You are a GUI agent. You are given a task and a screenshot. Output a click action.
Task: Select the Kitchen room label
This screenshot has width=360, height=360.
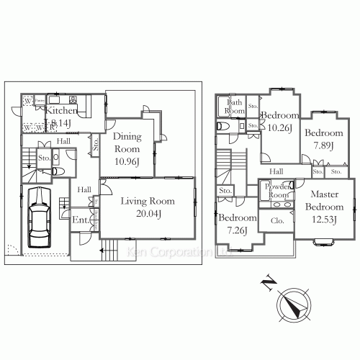coord(61,112)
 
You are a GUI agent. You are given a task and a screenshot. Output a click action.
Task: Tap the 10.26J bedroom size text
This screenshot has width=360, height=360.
coord(279,127)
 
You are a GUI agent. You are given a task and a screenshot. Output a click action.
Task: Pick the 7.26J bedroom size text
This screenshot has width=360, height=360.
coord(238,230)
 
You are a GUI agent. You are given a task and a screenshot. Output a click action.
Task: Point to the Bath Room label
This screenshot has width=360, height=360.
coord(235,107)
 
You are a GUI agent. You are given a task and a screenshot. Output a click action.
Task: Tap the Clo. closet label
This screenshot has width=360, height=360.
coord(277,220)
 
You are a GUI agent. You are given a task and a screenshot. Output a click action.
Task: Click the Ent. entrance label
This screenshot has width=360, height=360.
coord(80,220)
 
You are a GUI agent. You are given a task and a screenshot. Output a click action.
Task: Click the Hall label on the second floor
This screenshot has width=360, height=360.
coord(276,171)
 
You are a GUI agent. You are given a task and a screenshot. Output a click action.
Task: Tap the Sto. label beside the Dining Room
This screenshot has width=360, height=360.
coord(96,143)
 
